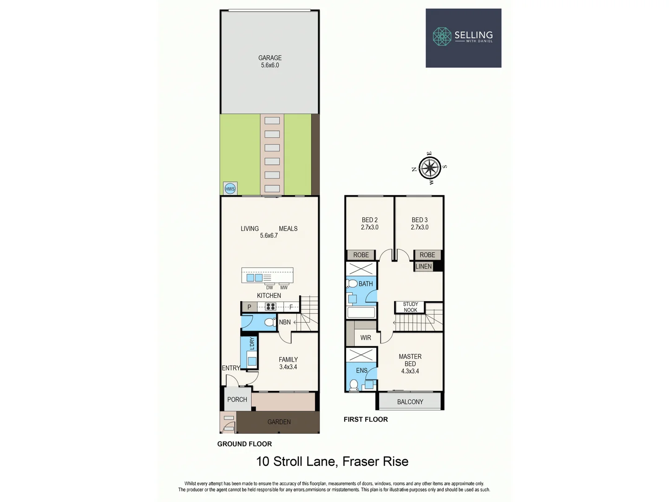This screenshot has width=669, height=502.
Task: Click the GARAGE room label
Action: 270,58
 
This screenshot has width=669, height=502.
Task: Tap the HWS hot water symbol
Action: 230,188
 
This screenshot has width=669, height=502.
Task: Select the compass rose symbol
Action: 430,168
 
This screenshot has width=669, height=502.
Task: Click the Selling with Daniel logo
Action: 463,38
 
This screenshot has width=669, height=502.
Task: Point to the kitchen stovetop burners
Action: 270,307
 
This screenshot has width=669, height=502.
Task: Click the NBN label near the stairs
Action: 285,322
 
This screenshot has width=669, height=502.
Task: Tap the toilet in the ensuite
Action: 354,385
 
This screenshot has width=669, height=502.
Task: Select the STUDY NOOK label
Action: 410,307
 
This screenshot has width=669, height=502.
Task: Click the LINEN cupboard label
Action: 423,266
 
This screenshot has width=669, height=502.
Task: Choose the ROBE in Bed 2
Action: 361,255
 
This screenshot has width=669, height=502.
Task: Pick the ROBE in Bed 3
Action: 427,255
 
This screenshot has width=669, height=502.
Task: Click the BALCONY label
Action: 410,402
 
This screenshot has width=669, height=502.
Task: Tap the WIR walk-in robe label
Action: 366,338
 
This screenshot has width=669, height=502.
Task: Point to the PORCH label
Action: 237,399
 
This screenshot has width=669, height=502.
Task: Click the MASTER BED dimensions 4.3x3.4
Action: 410,371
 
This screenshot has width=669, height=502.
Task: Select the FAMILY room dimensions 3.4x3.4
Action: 288,367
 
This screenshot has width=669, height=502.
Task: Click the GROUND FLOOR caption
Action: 244,444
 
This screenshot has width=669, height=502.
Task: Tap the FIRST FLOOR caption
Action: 366,419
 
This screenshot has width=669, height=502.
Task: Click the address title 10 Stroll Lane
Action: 332,462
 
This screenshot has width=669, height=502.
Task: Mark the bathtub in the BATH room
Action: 361,312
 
